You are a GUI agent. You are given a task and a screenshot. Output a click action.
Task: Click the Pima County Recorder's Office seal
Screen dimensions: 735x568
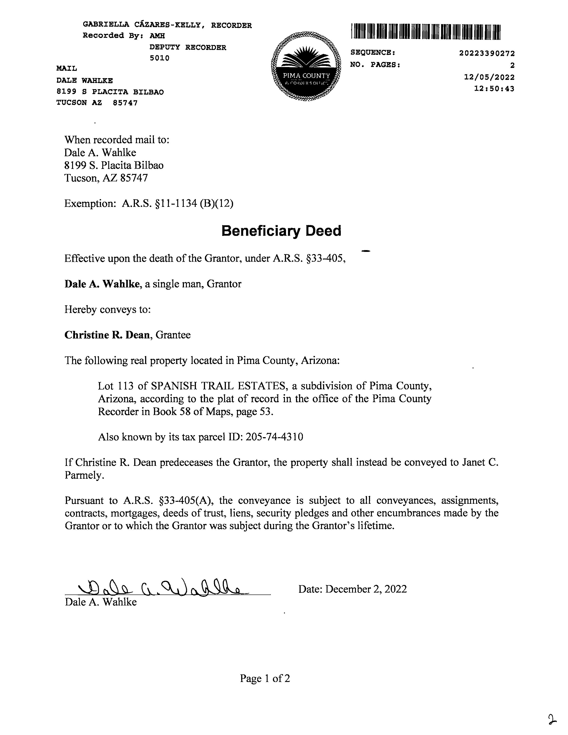(x=306, y=67)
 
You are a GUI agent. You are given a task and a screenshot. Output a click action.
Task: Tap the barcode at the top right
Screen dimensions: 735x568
(x=426, y=32)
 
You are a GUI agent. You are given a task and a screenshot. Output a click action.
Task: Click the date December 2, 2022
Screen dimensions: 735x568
(x=366, y=589)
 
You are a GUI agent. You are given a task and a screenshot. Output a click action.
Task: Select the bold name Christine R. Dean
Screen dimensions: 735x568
(x=107, y=335)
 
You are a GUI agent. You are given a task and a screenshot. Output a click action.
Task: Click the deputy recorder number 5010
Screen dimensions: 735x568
(x=160, y=58)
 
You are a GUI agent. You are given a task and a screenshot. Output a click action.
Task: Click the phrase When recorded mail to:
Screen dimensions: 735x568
(x=117, y=140)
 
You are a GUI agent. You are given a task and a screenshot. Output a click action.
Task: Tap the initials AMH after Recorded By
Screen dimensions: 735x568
(x=157, y=36)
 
